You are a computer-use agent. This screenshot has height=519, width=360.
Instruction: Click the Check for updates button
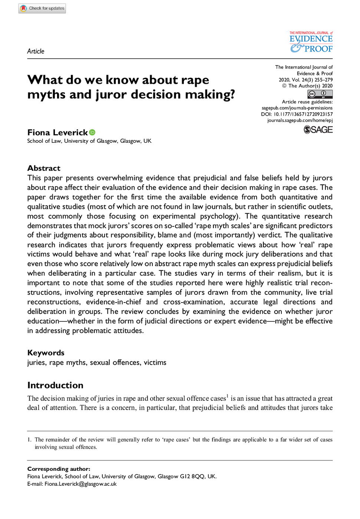(x=42, y=8)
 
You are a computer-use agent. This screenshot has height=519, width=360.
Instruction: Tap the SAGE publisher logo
(x=318, y=130)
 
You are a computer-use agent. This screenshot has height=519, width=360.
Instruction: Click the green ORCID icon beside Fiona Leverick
(x=92, y=132)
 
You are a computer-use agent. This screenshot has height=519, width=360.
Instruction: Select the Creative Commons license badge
(x=320, y=94)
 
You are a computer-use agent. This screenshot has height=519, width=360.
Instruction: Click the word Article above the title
(x=36, y=51)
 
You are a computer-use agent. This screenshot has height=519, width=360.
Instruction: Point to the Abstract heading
(x=44, y=168)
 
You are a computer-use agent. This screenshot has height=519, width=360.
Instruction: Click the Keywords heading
(x=46, y=353)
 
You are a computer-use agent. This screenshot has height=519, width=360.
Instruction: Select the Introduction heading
(x=55, y=385)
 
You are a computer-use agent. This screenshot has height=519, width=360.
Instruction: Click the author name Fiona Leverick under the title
(x=57, y=132)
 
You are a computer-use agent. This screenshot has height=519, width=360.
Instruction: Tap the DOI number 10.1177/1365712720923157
(x=303, y=114)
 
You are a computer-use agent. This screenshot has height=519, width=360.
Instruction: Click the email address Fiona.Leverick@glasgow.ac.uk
(x=80, y=484)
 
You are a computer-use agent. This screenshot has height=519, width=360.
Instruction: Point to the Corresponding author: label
(x=59, y=469)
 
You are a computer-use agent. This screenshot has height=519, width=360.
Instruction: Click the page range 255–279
(x=323, y=80)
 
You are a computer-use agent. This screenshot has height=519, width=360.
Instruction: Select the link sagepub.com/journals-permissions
(x=297, y=108)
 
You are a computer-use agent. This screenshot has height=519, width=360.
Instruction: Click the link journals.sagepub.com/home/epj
(x=300, y=120)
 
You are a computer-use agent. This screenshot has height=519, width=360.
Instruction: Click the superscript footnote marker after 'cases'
(x=227, y=396)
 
